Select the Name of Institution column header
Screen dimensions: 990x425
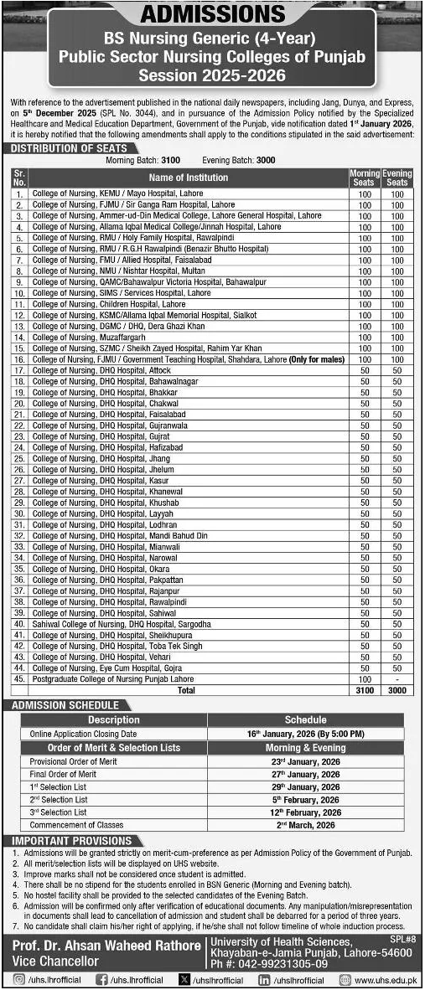188,178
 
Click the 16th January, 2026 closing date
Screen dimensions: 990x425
306,733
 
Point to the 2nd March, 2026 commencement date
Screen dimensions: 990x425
306,825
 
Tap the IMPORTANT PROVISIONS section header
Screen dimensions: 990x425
66,840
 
